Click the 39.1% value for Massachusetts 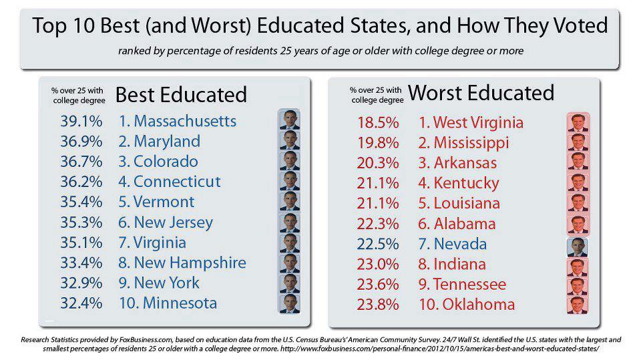[x=81, y=122]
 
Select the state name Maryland [x=166, y=142]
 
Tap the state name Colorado [x=166, y=162]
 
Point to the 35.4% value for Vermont [x=81, y=202]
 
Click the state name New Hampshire [x=190, y=262]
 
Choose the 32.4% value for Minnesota [x=81, y=303]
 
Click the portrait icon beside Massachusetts [x=289, y=120]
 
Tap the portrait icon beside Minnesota [x=289, y=303]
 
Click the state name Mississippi [x=471, y=144]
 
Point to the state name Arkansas [x=465, y=164]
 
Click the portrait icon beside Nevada [x=577, y=246]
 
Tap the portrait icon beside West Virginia [x=577, y=123]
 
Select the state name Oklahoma [x=474, y=305]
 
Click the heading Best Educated [x=181, y=95]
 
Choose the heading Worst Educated [x=481, y=93]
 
